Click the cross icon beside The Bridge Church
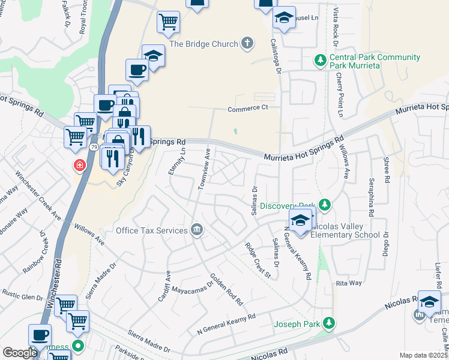pos(247,43)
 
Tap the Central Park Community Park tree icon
pos(321,60)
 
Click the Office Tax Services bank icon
pos(196,229)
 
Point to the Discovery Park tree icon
pos(324,205)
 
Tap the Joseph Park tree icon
pos(328,324)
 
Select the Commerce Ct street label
pos(247,109)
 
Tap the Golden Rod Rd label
pos(226,289)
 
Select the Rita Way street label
pos(349,283)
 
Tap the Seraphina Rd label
pos(372,197)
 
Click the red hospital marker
pos(79,164)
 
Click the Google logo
pos(20,352)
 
